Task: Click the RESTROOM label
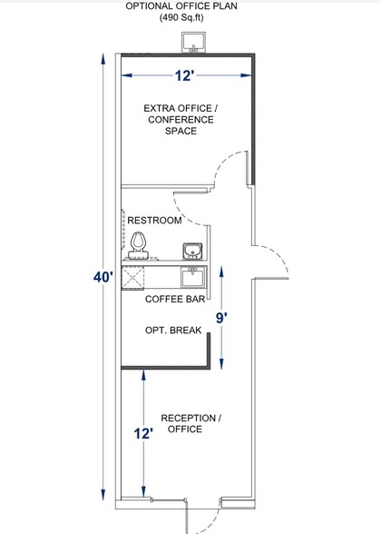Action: tap(154, 221)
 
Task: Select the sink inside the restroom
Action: tap(192, 252)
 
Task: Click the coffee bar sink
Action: tap(193, 277)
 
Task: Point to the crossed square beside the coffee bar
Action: tap(132, 278)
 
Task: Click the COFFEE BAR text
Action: tap(175, 300)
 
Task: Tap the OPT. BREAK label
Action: tap(173, 331)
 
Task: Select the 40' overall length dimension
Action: tap(103, 277)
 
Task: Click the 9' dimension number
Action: tap(221, 318)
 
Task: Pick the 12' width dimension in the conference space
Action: tap(184, 75)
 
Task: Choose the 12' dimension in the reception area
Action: tap(143, 434)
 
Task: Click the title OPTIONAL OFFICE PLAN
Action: tap(181, 5)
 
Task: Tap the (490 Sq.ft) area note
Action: tap(181, 17)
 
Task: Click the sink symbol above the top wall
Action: tap(194, 42)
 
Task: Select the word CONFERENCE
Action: tap(181, 120)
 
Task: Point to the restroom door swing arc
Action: tap(183, 214)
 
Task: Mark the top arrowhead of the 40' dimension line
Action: tap(103, 58)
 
